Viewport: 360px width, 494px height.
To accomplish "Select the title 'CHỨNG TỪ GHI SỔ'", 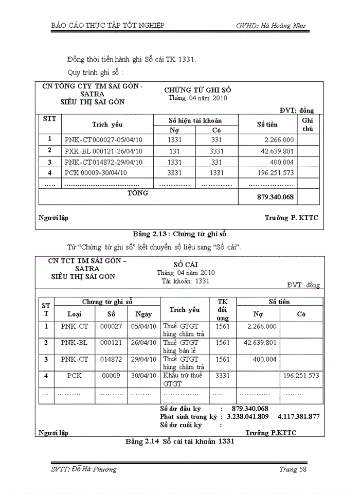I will click(197, 90).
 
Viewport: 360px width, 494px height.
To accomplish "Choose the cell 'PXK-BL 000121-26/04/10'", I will click(103, 151).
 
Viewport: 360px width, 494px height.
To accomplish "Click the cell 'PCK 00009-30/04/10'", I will click(96, 172).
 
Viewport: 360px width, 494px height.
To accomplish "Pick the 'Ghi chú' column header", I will click(308, 124).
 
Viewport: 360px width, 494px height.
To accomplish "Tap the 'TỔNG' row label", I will click(137, 193).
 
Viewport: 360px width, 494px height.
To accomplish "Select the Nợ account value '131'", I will click(174, 151).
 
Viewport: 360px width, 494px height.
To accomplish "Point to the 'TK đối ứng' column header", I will click(223, 310).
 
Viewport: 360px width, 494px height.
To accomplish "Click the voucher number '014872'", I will click(111, 359).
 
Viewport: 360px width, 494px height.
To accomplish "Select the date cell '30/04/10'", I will click(143, 376).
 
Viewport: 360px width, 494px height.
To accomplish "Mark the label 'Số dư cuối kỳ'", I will click(181, 425).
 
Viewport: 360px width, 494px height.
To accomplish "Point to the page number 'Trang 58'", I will click(293, 469).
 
